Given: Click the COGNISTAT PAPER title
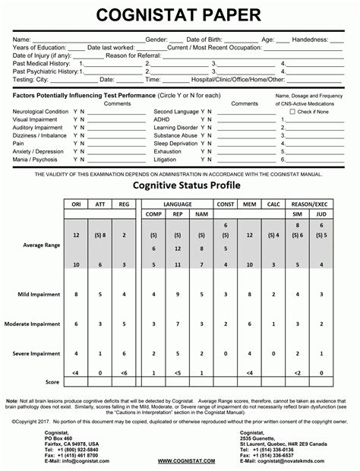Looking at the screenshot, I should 179,13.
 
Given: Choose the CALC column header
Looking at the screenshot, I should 274,205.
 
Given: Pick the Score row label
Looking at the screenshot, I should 52,381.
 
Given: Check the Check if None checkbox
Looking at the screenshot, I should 293,112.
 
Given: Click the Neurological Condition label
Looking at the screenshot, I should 39,112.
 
